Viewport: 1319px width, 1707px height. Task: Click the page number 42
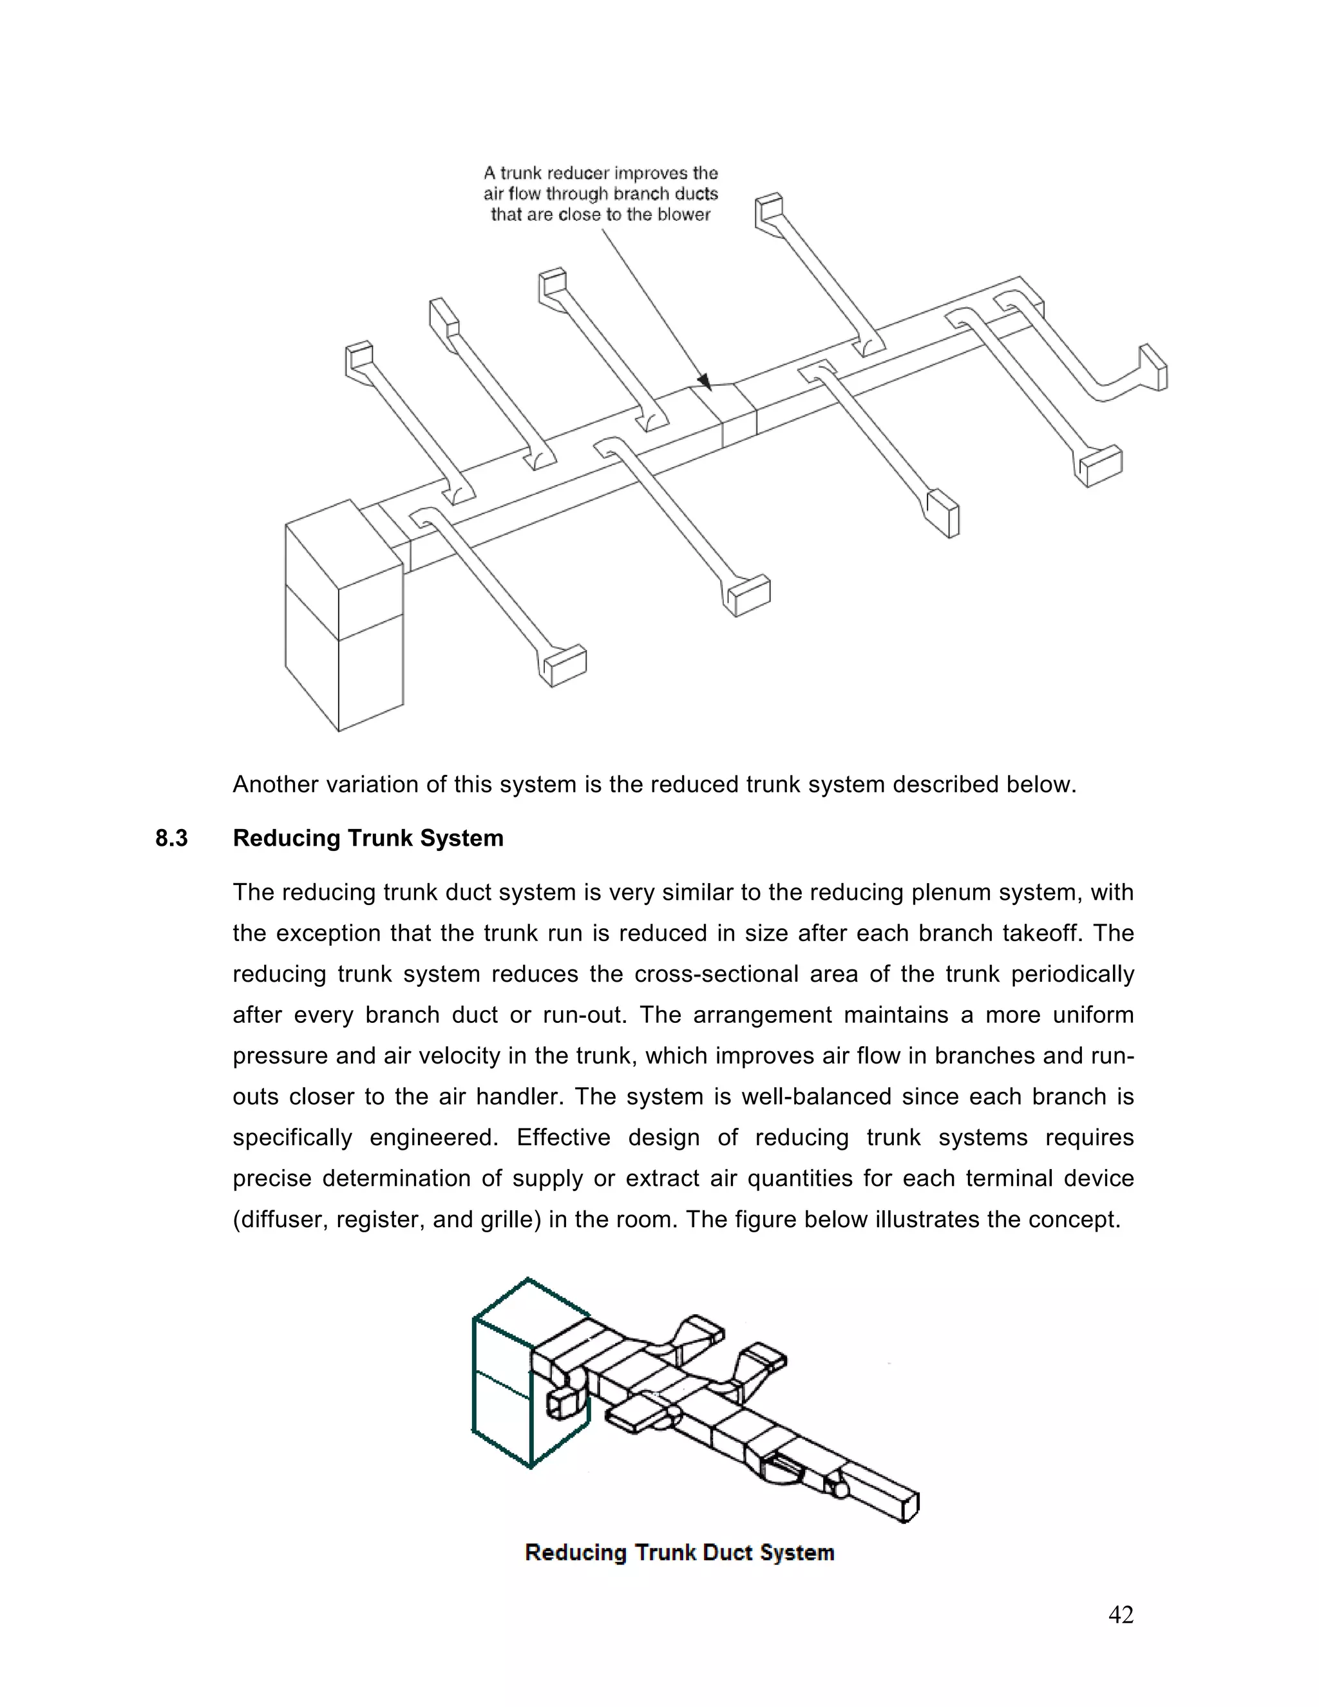(1121, 1615)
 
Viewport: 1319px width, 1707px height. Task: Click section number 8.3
(171, 839)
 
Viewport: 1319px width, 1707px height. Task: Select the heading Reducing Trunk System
(368, 839)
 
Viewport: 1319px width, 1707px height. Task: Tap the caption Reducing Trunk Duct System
(679, 1552)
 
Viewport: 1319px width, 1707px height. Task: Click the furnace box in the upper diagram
(344, 618)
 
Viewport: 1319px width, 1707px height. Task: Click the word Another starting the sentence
(274, 785)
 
